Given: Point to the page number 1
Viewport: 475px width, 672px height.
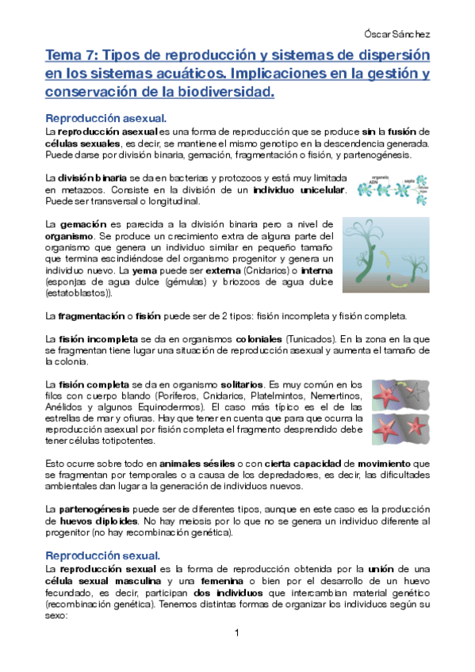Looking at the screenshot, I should (x=237, y=632).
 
